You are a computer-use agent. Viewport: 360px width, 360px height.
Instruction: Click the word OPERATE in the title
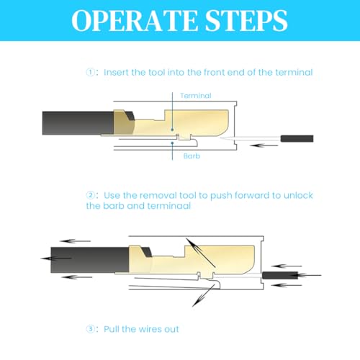(135, 20)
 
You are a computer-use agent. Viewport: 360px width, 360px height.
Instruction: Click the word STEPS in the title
(246, 20)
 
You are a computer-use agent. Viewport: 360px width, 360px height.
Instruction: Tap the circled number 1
(90, 72)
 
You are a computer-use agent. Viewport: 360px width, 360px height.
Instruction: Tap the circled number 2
(90, 195)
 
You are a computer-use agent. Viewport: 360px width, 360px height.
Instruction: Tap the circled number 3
(90, 329)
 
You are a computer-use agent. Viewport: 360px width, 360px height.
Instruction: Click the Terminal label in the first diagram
(196, 96)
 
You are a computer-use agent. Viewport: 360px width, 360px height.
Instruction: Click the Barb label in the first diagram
(192, 156)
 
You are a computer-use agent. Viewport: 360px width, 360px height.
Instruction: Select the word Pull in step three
(112, 329)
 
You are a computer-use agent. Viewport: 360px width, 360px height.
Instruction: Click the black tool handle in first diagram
(297, 138)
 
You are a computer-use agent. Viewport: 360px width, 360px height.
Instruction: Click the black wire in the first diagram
(78, 123)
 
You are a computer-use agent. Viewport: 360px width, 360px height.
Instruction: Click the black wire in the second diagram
(90, 260)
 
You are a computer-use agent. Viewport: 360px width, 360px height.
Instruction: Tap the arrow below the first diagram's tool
(264, 145)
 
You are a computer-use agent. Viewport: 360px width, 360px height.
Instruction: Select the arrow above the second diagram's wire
(75, 241)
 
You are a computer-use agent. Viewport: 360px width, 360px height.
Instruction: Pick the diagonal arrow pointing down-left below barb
(204, 295)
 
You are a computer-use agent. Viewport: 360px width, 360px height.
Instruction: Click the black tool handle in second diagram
(280, 275)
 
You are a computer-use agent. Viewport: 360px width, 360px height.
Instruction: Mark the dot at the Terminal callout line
(172, 130)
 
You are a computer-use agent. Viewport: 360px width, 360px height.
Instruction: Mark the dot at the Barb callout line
(172, 143)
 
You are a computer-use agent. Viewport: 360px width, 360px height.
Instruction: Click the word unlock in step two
(298, 195)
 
